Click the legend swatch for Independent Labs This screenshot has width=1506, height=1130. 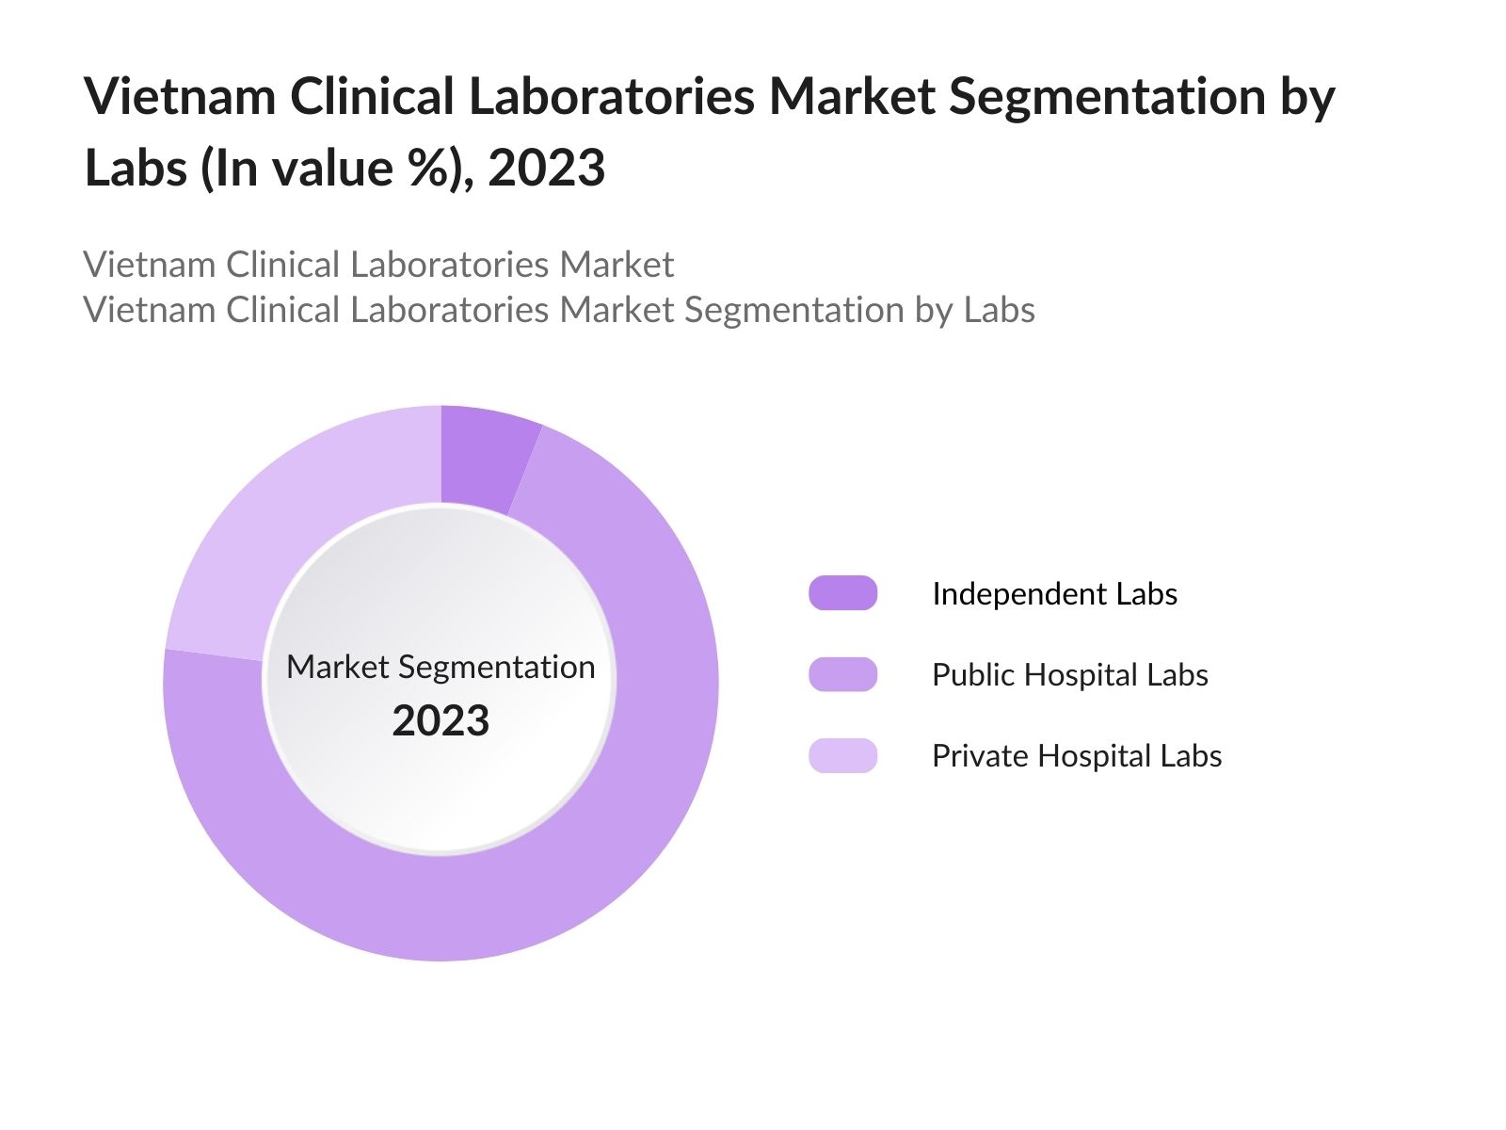[x=842, y=593]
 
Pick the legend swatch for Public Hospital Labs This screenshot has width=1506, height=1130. [x=842, y=674]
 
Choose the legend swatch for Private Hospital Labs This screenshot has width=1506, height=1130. [x=842, y=755]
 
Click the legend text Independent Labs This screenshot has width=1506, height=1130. [x=1054, y=593]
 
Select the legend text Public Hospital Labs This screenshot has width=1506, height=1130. [x=1069, y=674]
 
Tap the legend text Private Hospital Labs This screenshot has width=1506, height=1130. [x=1077, y=755]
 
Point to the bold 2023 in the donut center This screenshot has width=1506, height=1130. [x=441, y=721]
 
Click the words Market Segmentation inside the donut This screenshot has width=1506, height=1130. [x=441, y=667]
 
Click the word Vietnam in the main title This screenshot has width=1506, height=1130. [x=180, y=97]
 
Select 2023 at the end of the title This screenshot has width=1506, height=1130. [x=546, y=169]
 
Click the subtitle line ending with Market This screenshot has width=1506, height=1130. [x=378, y=265]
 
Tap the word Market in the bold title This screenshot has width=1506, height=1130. [x=852, y=97]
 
